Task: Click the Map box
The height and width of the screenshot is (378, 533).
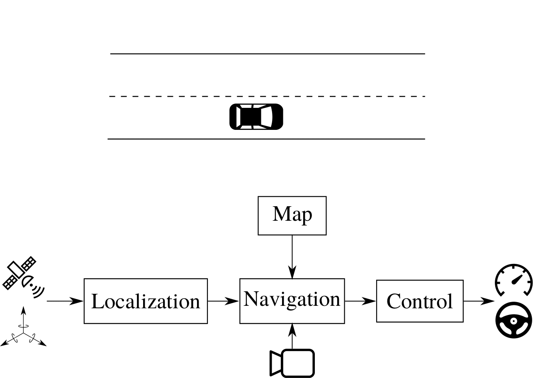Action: coord(292,215)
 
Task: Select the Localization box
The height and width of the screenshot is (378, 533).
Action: coord(146,301)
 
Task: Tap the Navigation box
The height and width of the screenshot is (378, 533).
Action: coord(292,301)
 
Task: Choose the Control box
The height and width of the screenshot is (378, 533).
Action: coord(419,301)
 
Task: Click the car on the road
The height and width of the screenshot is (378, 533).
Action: coord(256,117)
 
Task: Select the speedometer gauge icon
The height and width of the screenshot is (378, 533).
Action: coord(514,280)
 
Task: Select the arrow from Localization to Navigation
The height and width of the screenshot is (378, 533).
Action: coord(223,301)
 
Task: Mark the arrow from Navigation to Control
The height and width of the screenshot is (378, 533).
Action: coord(360,301)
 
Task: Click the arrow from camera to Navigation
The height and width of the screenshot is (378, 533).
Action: coord(292,336)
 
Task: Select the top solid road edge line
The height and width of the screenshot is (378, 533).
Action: coord(268,54)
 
